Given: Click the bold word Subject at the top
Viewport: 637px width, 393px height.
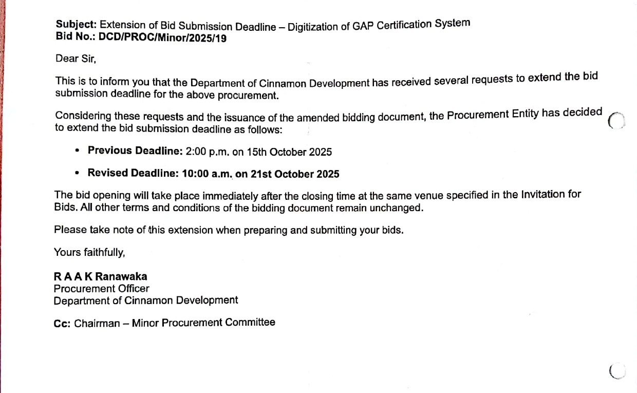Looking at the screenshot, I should pyautogui.click(x=76, y=24).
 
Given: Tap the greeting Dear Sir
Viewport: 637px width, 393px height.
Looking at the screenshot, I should pyautogui.click(x=76, y=59).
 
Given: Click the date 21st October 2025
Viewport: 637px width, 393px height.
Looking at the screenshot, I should pyautogui.click(x=294, y=174).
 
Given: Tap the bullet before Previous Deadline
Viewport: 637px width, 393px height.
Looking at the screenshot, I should pyautogui.click(x=77, y=151).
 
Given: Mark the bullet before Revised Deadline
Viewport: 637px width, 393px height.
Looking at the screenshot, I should pyautogui.click(x=77, y=173).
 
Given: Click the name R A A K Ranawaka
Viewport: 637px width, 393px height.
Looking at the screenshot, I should pyautogui.click(x=100, y=277).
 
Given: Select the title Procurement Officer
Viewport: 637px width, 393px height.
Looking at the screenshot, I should pyautogui.click(x=101, y=289).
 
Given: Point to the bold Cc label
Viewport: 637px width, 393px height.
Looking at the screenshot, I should pyautogui.click(x=62, y=324).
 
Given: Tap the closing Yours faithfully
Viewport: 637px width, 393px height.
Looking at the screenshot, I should pyautogui.click(x=89, y=253).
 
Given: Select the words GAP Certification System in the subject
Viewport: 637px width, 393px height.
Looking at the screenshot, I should pyautogui.click(x=411, y=25).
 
